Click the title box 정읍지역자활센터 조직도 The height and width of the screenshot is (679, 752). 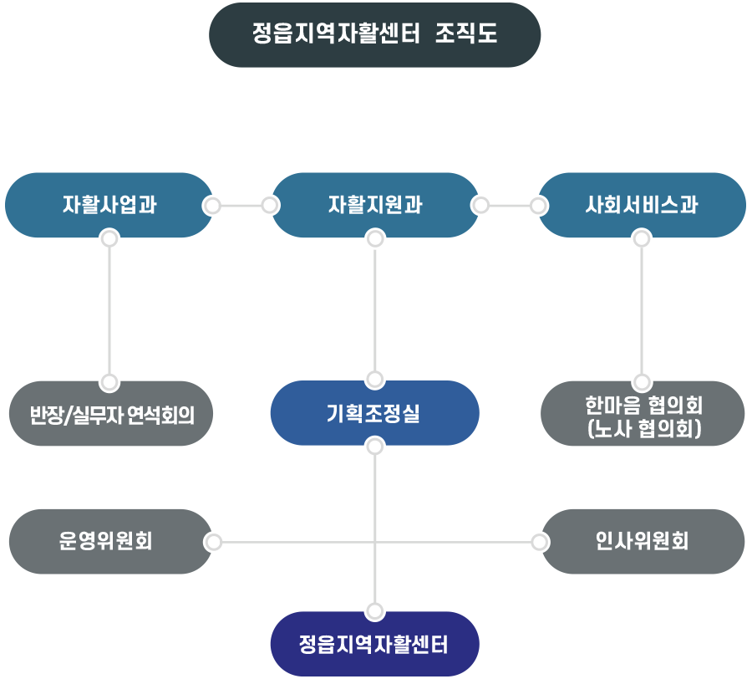[374, 34]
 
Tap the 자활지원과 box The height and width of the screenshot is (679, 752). [374, 205]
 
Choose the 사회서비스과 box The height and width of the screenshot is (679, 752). [641, 205]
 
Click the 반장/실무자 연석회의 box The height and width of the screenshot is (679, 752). [111, 414]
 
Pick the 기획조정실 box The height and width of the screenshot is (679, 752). [374, 413]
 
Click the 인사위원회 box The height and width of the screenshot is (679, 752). [643, 542]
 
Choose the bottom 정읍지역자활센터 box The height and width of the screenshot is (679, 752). [374, 645]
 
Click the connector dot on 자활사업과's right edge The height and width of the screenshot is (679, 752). [213, 205]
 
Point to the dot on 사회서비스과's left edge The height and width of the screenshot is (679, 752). [536, 205]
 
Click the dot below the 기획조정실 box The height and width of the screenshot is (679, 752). [375, 447]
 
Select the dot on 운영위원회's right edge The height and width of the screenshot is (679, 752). [214, 543]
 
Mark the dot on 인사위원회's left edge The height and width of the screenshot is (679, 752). [540, 543]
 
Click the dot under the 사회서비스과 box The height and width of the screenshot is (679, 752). [641, 240]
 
